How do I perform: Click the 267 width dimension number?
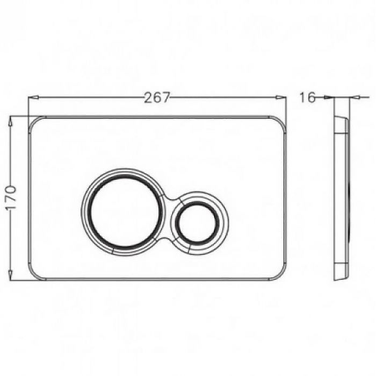click(x=157, y=97)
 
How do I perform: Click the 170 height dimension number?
click(x=11, y=197)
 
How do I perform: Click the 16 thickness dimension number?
click(x=307, y=97)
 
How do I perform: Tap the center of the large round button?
click(x=123, y=211)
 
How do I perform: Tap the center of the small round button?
click(x=197, y=222)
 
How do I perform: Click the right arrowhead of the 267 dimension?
click(x=281, y=97)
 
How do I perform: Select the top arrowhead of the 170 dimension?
click(x=10, y=122)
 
